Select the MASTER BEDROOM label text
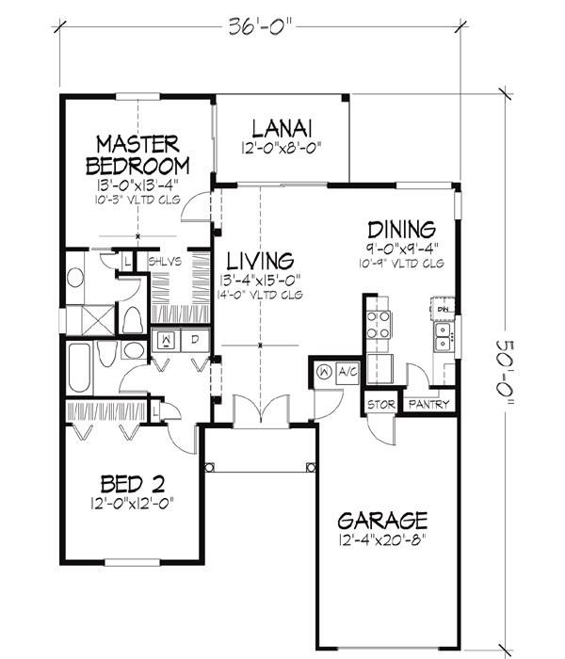click(137, 154)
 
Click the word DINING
click(401, 229)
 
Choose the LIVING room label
click(259, 259)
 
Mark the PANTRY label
click(428, 405)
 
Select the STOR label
click(381, 405)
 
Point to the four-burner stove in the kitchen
click(378, 325)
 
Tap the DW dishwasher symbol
click(443, 307)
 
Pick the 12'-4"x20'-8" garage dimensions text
click(382, 542)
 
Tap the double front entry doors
click(251, 412)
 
